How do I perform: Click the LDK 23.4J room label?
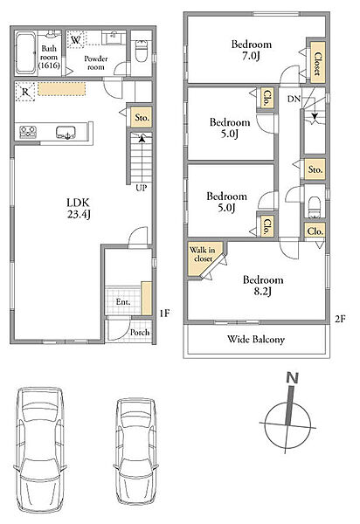(x=79, y=208)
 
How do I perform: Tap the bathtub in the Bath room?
(x=25, y=52)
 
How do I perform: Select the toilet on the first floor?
(x=142, y=51)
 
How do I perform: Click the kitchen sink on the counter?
(x=66, y=132)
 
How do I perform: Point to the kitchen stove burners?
(x=28, y=132)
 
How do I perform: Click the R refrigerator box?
(x=25, y=92)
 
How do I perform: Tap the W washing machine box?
(x=76, y=40)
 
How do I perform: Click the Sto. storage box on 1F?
(x=142, y=118)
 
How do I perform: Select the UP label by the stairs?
(x=141, y=188)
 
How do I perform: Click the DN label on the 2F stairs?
(x=294, y=99)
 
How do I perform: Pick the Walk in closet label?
(x=203, y=254)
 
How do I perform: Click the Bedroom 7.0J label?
(x=251, y=50)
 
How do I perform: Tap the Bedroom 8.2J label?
(x=263, y=285)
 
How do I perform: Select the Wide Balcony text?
(x=256, y=339)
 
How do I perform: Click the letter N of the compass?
(x=292, y=378)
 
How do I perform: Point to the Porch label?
(x=140, y=332)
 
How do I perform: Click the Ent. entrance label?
(x=123, y=302)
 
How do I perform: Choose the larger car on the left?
(x=40, y=452)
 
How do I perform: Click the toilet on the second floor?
(x=315, y=207)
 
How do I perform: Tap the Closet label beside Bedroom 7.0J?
(x=318, y=64)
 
